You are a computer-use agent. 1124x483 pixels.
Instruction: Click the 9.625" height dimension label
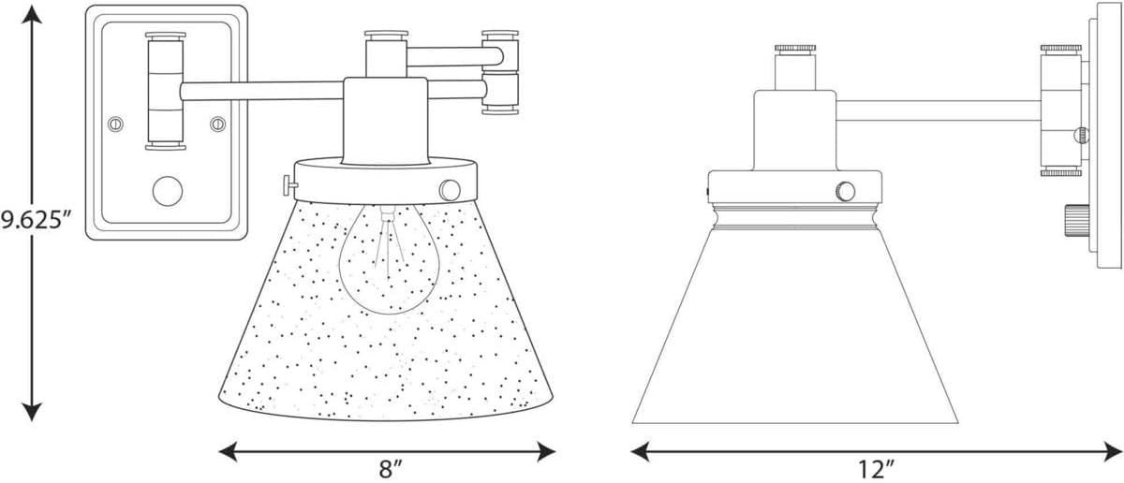click(36, 222)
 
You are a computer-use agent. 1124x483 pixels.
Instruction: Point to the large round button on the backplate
click(168, 191)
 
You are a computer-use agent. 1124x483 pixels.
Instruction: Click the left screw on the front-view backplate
click(116, 123)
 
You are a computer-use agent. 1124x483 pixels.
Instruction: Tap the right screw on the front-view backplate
click(218, 123)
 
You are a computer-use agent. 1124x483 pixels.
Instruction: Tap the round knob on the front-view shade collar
click(450, 189)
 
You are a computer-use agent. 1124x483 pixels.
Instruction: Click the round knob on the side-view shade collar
click(846, 192)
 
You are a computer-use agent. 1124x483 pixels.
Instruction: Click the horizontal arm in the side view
click(937, 110)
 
